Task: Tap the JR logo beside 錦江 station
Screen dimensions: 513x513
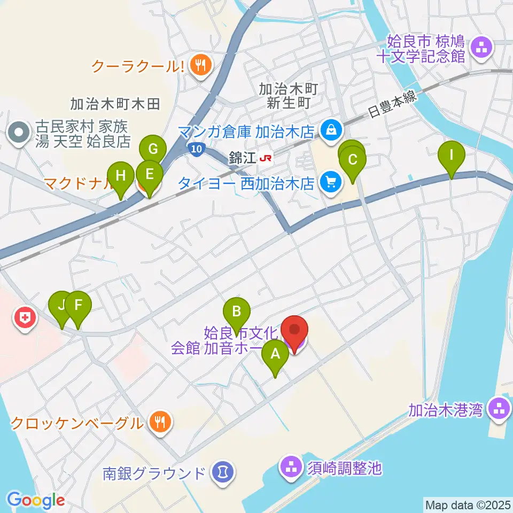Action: coord(265,158)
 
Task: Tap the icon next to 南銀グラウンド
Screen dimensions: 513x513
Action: coord(221,473)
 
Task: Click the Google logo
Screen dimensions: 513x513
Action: coord(35,501)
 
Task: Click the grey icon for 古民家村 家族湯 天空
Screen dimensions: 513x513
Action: coord(20,133)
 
